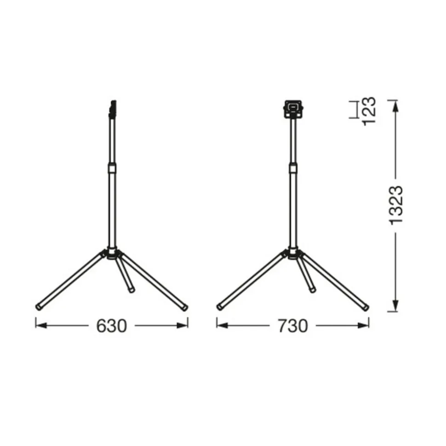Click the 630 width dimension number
coord(111,326)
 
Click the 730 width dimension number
coord(292,326)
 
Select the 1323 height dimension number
coord(395,205)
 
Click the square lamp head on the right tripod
coord(292,108)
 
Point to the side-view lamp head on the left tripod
coord(112,108)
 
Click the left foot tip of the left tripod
coord(38,306)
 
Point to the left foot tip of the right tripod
coord(219,306)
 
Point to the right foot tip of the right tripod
coord(366,306)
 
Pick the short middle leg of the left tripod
coord(126,276)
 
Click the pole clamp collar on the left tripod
coord(112,169)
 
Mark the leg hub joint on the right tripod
coord(292,254)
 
